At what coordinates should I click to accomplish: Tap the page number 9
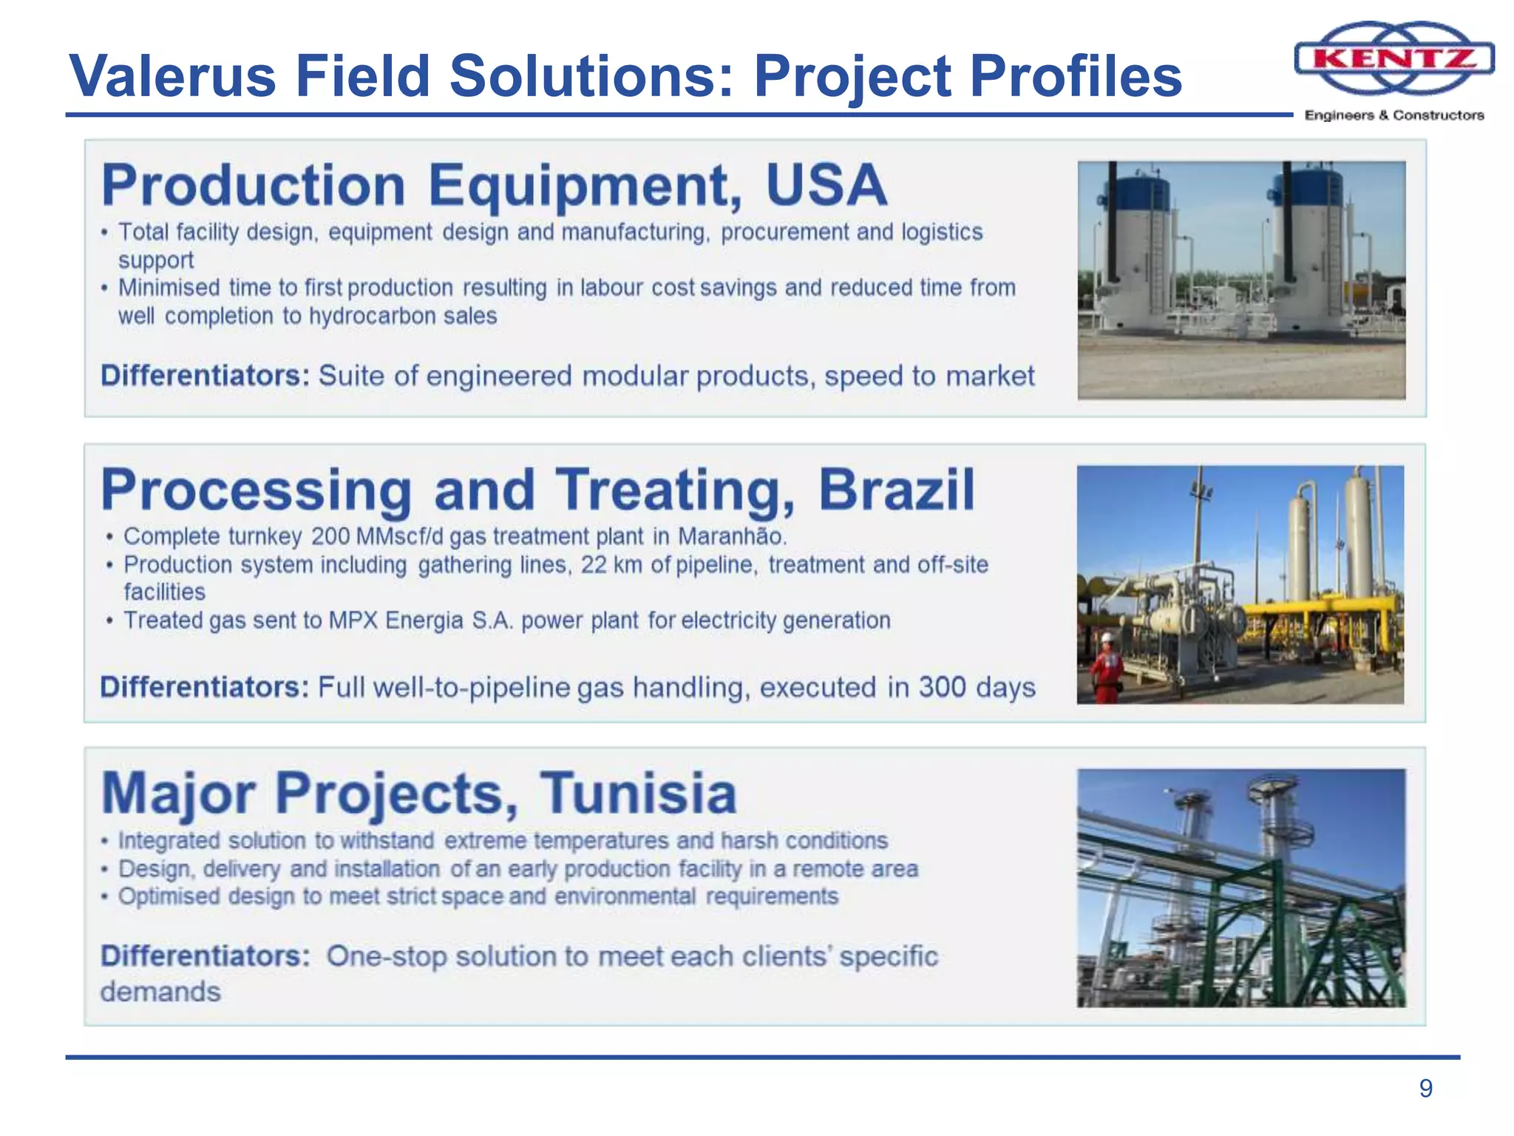point(1425,1089)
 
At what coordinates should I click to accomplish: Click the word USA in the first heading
point(826,185)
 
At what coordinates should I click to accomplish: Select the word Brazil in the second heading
point(896,490)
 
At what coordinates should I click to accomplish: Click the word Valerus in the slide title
point(172,76)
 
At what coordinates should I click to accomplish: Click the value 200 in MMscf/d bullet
point(330,536)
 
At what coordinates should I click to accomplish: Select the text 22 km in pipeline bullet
point(611,565)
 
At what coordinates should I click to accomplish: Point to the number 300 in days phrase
point(942,687)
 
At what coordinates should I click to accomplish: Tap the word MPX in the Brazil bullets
point(353,621)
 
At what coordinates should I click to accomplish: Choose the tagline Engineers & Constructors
point(1394,115)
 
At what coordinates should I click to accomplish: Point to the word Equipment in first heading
point(584,185)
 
